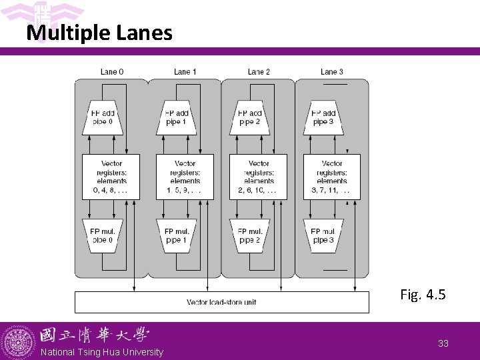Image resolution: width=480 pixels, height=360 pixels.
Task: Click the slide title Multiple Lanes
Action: point(99,33)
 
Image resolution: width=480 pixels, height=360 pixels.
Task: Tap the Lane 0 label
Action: point(111,72)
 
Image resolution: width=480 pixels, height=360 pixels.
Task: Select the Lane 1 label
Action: point(185,72)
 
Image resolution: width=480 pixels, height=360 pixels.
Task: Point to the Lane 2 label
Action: point(259,72)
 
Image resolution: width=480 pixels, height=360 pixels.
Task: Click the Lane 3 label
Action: point(332,72)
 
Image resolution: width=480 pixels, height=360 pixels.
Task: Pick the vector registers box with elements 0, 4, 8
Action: point(111,177)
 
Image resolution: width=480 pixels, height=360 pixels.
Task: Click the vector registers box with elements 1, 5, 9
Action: point(185,177)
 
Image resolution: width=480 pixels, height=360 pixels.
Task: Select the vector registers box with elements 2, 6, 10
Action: point(258,177)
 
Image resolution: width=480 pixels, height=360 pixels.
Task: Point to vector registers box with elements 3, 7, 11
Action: point(332,177)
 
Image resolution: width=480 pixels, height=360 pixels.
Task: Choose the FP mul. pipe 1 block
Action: point(177,235)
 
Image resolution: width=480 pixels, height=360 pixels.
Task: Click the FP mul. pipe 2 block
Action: point(251,235)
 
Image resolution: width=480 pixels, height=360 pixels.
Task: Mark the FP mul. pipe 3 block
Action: point(324,235)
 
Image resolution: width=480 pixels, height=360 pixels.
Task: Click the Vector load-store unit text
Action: point(221,302)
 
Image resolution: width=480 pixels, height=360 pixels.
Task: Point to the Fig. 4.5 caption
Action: point(423,294)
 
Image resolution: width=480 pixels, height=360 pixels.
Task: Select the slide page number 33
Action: point(443,343)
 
